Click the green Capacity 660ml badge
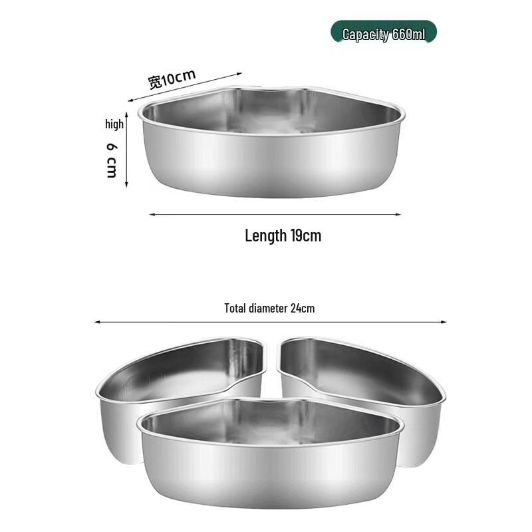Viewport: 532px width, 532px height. (x=384, y=33)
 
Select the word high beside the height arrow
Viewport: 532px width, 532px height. (x=114, y=124)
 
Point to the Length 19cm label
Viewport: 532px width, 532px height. (x=283, y=235)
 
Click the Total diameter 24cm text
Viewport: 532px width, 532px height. (x=269, y=308)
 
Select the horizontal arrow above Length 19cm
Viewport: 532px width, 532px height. (x=275, y=214)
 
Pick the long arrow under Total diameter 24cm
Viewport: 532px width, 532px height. (x=270, y=322)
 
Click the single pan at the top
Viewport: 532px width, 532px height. (x=271, y=143)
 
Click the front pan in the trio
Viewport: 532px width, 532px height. (x=270, y=452)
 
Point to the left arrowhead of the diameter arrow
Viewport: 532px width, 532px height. (x=97, y=322)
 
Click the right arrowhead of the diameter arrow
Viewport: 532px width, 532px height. (x=444, y=322)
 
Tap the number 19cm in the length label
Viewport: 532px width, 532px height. (x=305, y=235)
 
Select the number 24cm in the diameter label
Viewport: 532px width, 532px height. (x=303, y=308)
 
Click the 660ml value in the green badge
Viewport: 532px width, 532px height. (x=408, y=34)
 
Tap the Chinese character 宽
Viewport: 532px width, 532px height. (x=154, y=82)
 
